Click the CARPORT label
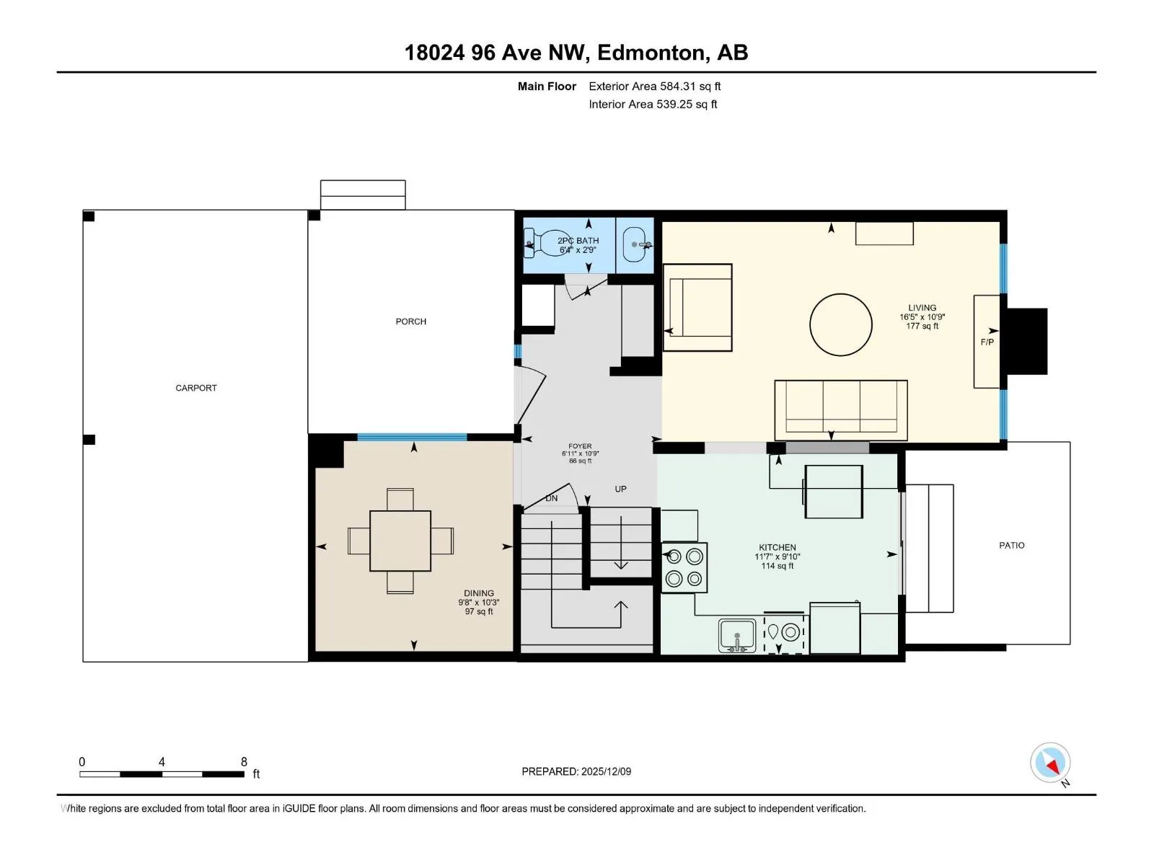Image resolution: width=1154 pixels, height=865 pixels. tap(195, 388)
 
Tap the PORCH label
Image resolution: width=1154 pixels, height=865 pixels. tap(410, 321)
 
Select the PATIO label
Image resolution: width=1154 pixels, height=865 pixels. tap(1011, 546)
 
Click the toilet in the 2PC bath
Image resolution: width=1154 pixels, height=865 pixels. tap(544, 243)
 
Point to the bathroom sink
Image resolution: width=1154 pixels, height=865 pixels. tap(637, 245)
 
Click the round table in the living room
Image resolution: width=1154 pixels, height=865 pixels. tap(841, 324)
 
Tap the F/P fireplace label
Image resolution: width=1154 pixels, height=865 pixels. tap(987, 342)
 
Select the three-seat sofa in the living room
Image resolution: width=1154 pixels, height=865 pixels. tap(841, 410)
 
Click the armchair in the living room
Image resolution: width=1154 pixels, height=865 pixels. tap(697, 307)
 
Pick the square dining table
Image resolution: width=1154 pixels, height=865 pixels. tap(400, 541)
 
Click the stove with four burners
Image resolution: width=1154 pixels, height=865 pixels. tap(684, 568)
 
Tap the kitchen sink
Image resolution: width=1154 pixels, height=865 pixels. tap(737, 636)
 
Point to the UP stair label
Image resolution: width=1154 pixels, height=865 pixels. tap(620, 489)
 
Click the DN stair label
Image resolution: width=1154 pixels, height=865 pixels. tap(552, 498)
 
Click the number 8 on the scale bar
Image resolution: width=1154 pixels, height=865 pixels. tap(244, 761)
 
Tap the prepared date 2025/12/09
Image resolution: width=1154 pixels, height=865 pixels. tap(606, 771)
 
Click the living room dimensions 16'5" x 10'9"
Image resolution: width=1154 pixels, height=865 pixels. tap(922, 317)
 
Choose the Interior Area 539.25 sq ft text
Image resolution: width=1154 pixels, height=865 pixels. tap(653, 105)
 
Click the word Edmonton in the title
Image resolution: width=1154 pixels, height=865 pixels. tap(651, 53)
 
